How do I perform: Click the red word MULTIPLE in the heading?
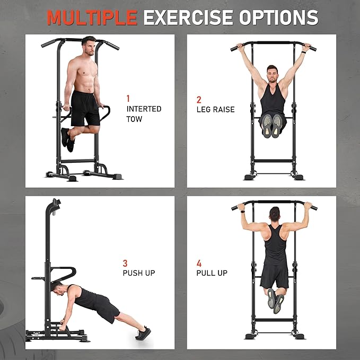click(x=92, y=17)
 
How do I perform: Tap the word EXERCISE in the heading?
click(x=189, y=17)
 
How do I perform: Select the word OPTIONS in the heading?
click(x=279, y=17)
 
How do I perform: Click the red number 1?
click(x=128, y=99)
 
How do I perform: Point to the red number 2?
click(x=199, y=100)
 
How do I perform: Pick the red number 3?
click(x=125, y=263)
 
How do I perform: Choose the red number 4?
click(x=199, y=263)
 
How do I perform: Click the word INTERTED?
click(x=144, y=109)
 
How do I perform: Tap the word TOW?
click(x=134, y=119)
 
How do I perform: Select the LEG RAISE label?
click(x=216, y=110)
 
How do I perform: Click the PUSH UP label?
click(x=139, y=273)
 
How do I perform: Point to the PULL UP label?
click(x=212, y=273)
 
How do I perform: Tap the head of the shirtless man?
click(x=89, y=46)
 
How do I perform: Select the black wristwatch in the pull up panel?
click(x=242, y=211)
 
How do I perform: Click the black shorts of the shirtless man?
click(x=85, y=108)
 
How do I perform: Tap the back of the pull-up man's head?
click(x=275, y=214)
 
